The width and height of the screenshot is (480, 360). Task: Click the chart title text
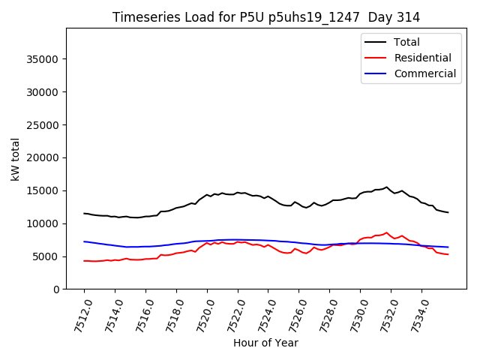(x=266, y=17)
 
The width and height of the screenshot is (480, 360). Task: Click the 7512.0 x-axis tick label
(x=78, y=314)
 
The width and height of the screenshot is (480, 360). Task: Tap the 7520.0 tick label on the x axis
(x=201, y=314)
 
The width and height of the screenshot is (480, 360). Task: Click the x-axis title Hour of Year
(x=265, y=343)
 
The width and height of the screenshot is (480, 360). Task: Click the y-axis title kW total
(x=15, y=159)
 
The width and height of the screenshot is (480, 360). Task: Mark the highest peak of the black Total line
(x=387, y=187)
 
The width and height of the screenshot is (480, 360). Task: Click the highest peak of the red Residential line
(x=387, y=232)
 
